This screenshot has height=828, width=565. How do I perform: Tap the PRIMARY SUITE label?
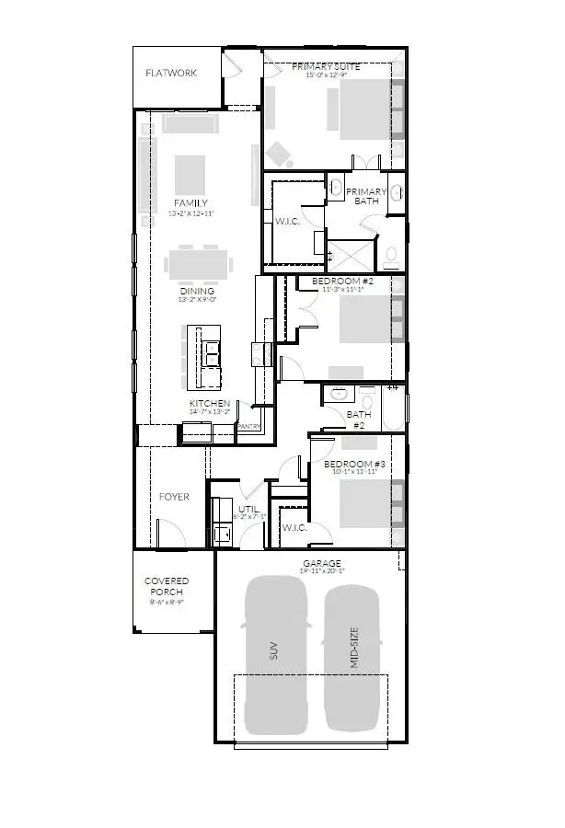click(326, 66)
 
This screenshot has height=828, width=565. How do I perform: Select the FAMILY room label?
click(190, 202)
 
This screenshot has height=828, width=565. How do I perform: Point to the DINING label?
click(196, 291)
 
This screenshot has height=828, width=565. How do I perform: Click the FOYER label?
click(174, 497)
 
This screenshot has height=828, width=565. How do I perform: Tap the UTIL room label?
click(248, 508)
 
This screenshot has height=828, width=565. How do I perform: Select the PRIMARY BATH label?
click(366, 196)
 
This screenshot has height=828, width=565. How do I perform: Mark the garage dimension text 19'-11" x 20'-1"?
click(321, 571)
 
